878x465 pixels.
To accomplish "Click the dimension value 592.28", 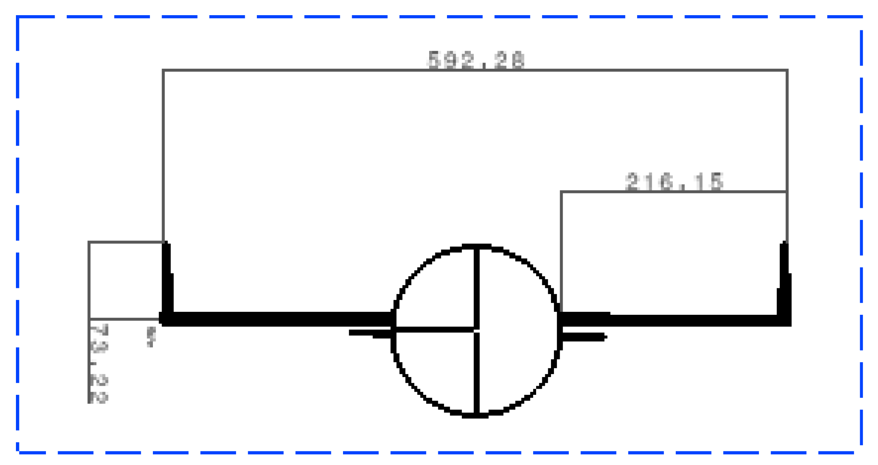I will coord(476,60).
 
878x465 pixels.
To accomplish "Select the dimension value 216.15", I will coord(674,181).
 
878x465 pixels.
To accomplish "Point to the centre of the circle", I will coord(477,331).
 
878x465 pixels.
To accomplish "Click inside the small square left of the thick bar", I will coord(126,281).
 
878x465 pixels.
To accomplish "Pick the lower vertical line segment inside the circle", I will coord(477,374).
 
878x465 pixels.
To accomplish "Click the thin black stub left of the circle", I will coord(370,333).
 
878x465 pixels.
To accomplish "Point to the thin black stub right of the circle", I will coord(584,337).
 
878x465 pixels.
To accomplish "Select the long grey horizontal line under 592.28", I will coord(474,70).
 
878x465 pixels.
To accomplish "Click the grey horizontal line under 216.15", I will coord(674,192).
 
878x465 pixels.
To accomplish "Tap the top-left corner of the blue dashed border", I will coord(18,17).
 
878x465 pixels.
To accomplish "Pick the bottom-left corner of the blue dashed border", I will coord(18,452).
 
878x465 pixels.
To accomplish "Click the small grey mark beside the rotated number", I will coord(151,337).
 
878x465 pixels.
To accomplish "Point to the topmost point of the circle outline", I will coord(477,247).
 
